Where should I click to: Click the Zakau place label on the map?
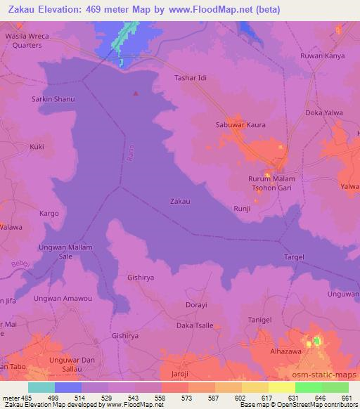[180, 201]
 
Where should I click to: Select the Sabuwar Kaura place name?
[240, 125]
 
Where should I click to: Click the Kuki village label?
[37, 147]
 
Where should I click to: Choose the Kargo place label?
[49, 212]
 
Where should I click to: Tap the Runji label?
[242, 209]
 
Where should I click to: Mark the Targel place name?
[293, 257]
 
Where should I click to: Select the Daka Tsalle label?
[193, 326]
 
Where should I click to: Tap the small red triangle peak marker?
[136, 93]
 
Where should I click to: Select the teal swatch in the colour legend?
[41, 387]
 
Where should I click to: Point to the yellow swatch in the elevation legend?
[281, 387]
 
